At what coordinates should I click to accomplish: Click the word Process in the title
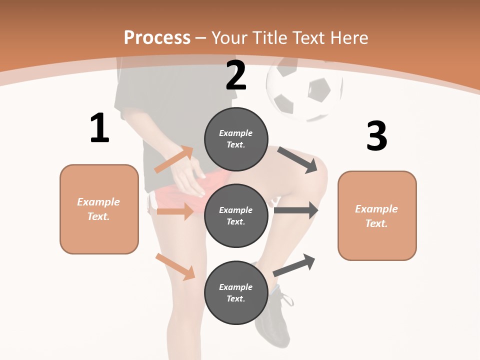tap(157, 37)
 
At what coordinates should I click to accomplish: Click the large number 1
tap(99, 128)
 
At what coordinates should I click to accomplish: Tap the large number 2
tap(236, 75)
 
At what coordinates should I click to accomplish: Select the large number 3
tap(376, 136)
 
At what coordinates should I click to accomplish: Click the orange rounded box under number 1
tap(99, 209)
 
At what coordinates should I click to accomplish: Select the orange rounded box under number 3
tap(377, 215)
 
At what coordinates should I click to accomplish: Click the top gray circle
tap(236, 139)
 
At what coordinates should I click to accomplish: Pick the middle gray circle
tap(236, 215)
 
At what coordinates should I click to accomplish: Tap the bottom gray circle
tap(236, 292)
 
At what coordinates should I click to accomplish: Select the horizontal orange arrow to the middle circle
tap(175, 211)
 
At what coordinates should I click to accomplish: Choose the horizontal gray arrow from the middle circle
tap(296, 210)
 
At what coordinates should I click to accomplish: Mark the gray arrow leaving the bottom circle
tap(294, 265)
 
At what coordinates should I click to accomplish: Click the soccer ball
tap(304, 90)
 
